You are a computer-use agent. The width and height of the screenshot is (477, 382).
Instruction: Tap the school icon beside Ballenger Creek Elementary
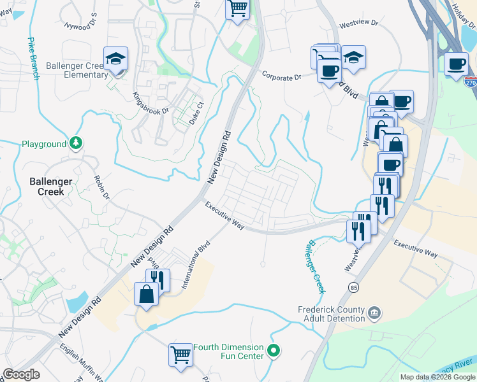[117, 59]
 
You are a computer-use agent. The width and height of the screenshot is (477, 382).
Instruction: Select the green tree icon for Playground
[76, 143]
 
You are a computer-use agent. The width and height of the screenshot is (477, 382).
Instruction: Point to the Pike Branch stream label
[32, 59]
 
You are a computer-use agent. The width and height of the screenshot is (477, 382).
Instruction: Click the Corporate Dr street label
[281, 76]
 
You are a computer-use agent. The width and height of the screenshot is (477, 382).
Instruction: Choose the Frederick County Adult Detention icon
[374, 313]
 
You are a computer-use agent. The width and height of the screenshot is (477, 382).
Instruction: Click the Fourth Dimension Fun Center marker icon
[274, 350]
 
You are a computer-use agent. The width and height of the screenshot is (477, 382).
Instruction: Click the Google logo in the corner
[21, 374]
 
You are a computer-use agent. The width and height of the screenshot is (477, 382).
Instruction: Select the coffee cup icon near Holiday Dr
[456, 64]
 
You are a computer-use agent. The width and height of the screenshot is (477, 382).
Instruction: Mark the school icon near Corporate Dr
[353, 57]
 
